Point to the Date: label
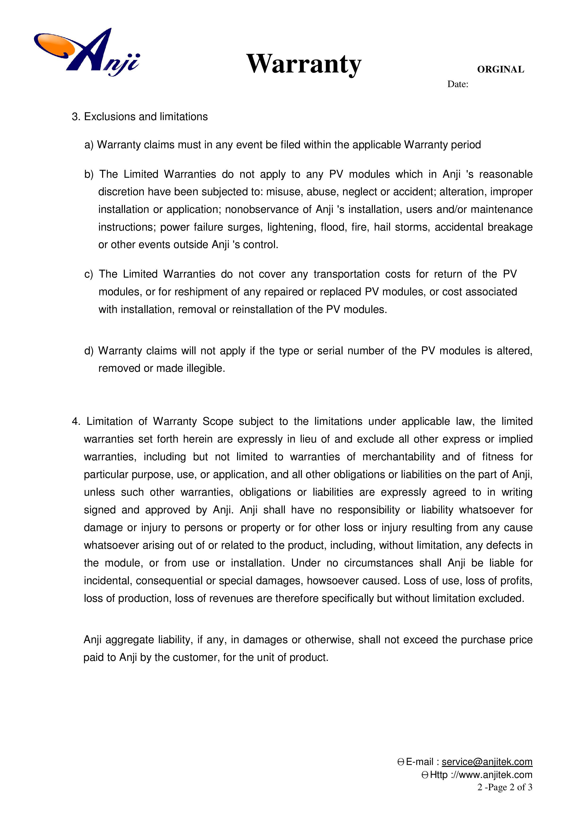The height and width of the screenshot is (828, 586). pyautogui.click(x=457, y=84)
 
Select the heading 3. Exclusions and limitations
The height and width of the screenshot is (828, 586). pyautogui.click(x=140, y=117)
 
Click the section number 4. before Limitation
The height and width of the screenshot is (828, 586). pyautogui.click(x=76, y=421)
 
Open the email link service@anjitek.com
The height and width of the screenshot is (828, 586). pyautogui.click(x=487, y=762)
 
